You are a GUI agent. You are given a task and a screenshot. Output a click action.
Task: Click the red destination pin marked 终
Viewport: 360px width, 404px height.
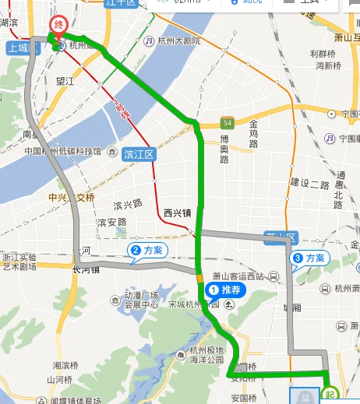coord(57,26)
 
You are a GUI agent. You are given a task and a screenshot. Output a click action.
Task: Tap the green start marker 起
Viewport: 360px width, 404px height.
coord(330,393)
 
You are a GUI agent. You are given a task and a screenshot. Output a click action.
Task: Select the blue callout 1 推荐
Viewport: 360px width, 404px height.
coord(226,290)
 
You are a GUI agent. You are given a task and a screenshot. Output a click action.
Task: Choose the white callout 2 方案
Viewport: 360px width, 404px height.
coord(146,250)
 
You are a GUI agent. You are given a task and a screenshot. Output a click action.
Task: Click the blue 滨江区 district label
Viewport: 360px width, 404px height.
coord(139,154)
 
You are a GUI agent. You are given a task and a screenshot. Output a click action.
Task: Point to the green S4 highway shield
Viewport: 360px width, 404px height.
coord(227,123)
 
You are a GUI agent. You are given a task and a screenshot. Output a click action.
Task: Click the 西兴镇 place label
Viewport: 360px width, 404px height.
coord(178,212)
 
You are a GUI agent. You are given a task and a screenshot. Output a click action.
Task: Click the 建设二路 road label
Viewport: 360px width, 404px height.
coord(309,184)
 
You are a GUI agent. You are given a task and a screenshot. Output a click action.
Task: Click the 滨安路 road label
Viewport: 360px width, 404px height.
coord(111,222)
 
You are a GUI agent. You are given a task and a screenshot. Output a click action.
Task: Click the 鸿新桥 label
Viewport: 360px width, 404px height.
coord(328,65)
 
